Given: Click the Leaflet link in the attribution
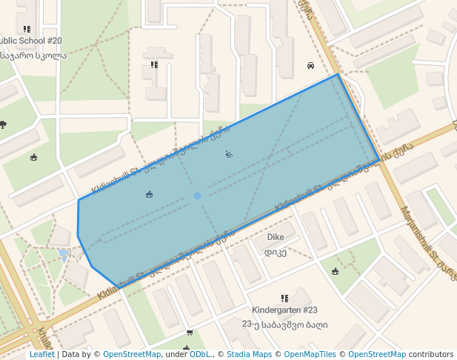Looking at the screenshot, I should point(41,355).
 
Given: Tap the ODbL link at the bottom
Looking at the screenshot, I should point(200,355).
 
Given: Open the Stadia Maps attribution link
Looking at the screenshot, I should point(249,355).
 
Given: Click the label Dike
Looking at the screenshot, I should point(275,237).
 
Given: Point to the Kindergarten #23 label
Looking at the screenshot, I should point(284,310).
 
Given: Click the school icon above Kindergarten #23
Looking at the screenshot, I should point(284,298).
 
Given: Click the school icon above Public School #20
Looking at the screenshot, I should point(27,29).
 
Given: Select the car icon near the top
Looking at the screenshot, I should point(310,65).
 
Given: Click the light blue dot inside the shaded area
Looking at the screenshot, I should point(197,196).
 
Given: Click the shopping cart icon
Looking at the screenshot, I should point(190,332).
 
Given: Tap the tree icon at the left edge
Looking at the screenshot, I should point(3,124).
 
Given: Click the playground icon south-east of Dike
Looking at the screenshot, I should point(336,271).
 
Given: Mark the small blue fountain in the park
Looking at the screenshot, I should point(64,253).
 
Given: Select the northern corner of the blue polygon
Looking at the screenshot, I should point(338,74).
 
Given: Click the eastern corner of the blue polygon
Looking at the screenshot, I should point(380,160).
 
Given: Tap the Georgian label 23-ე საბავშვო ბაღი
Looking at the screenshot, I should point(284,324).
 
